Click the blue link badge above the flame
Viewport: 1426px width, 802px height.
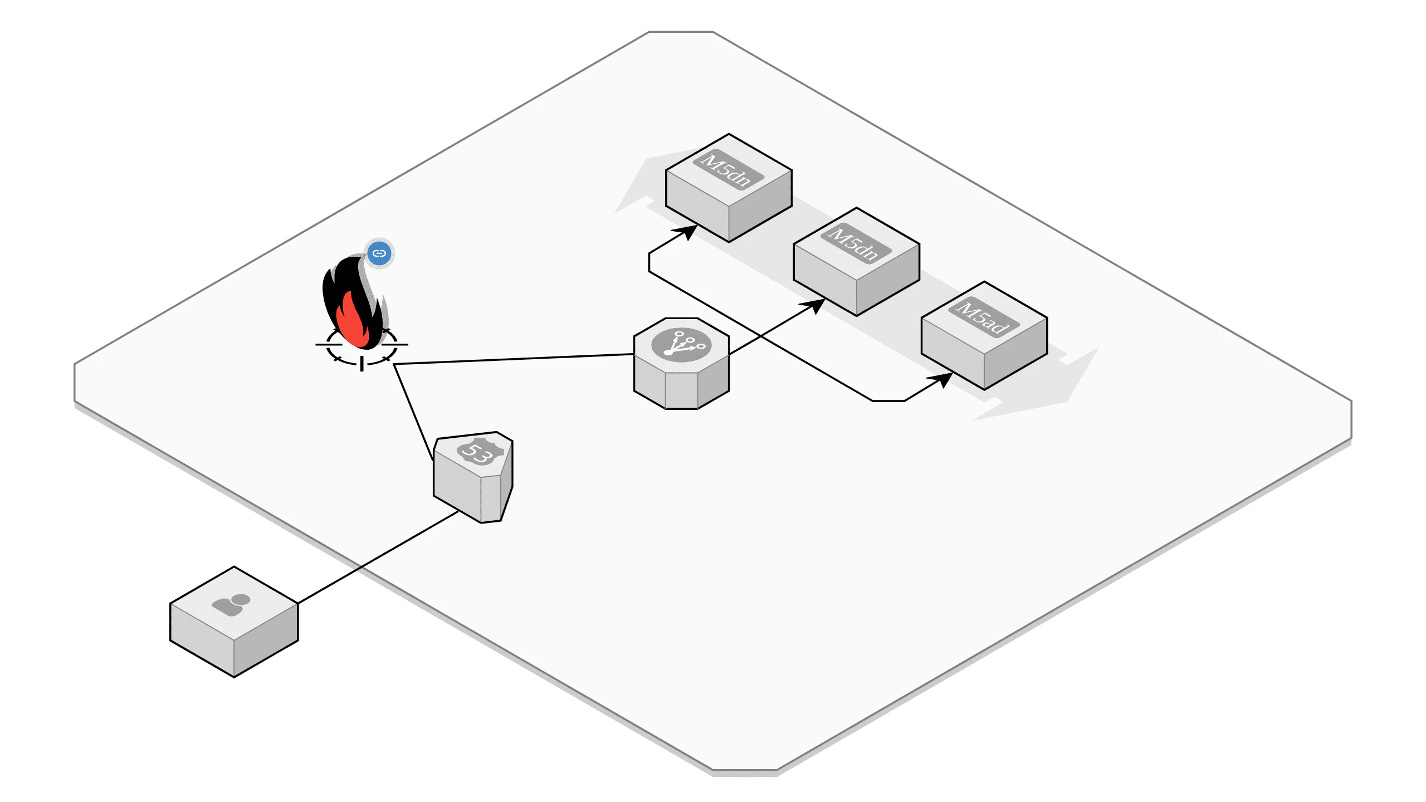[379, 254]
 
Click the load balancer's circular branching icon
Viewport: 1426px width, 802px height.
[681, 345]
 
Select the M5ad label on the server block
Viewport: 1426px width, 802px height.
[984, 317]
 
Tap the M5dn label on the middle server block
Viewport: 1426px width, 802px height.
[856, 244]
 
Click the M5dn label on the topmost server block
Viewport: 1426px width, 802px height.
[728, 170]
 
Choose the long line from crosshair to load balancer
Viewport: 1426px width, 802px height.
[512, 359]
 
